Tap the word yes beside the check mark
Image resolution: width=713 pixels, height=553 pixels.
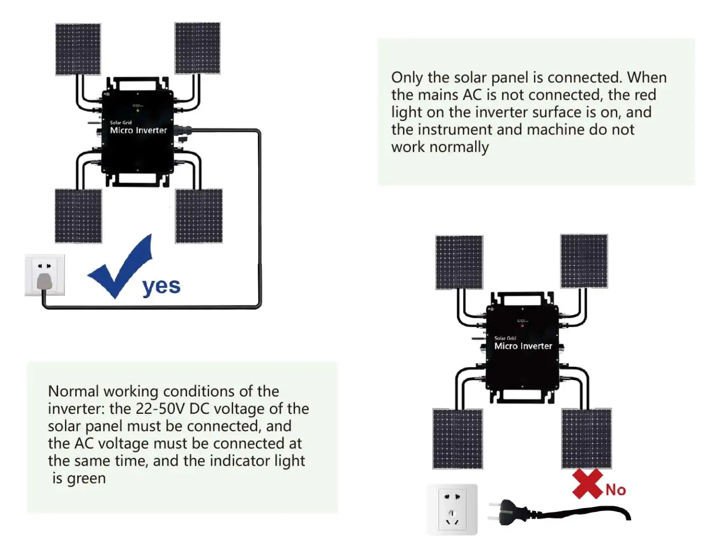(x=161, y=286)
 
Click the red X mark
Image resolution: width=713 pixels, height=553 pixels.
(x=587, y=483)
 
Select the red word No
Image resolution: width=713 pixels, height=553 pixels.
(x=616, y=490)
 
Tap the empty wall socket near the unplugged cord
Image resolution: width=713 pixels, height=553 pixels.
(x=452, y=509)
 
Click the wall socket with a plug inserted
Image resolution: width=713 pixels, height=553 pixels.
(x=44, y=275)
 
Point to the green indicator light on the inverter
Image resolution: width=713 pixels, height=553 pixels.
(x=138, y=110)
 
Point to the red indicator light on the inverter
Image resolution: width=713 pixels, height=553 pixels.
(x=522, y=325)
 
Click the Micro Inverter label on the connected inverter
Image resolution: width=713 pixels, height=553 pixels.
(x=138, y=130)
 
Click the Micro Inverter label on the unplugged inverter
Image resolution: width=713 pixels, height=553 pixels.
(x=523, y=346)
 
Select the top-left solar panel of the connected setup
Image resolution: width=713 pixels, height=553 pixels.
(x=78, y=49)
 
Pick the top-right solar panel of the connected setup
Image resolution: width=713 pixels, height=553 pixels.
(x=197, y=48)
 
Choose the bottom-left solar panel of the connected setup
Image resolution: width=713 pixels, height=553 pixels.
(x=78, y=216)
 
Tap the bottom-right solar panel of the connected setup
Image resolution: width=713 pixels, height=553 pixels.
(x=199, y=216)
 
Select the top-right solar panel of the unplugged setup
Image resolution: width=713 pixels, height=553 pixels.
(x=584, y=261)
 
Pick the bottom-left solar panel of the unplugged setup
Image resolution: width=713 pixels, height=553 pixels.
(x=458, y=438)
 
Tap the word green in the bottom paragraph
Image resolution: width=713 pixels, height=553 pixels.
(x=86, y=478)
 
